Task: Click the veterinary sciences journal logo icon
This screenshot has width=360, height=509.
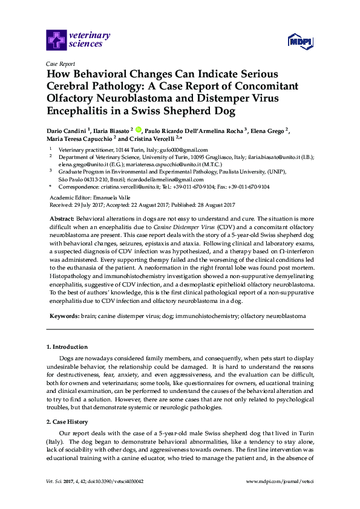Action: (x=56, y=41)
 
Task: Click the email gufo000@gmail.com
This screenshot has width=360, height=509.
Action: (x=187, y=150)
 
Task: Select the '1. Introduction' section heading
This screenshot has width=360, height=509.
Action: (x=67, y=347)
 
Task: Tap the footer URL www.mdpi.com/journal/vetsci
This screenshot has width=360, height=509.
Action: (x=281, y=498)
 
